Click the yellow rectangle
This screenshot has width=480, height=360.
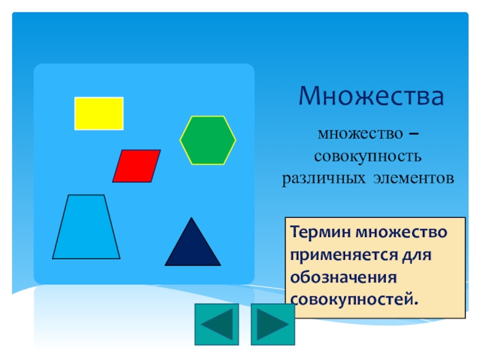(x=99, y=113)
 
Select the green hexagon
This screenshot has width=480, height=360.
(x=208, y=140)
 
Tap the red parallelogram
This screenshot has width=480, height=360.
(x=137, y=166)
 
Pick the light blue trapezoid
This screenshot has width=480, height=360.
(x=86, y=227)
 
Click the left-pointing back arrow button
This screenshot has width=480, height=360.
(x=217, y=325)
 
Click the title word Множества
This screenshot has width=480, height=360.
(x=371, y=96)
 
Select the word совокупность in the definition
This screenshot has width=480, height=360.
(x=368, y=156)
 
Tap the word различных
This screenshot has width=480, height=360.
(x=323, y=178)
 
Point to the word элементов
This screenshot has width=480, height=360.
(x=413, y=178)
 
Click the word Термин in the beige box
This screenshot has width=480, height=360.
(x=320, y=232)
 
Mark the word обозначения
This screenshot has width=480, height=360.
(x=343, y=278)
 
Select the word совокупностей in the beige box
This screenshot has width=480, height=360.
(x=354, y=299)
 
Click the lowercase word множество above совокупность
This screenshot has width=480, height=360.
(x=361, y=134)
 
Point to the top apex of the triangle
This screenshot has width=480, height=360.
(x=191, y=218)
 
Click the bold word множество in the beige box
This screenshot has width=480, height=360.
(x=401, y=232)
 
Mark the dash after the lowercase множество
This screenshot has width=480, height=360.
(x=414, y=134)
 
